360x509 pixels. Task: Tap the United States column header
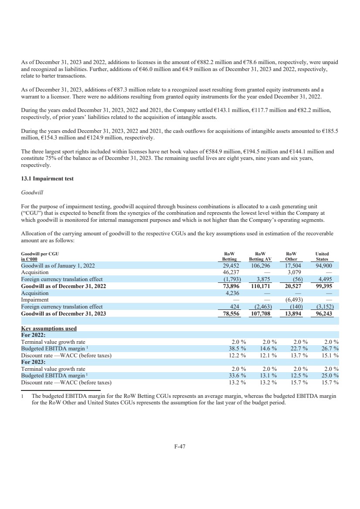pyautogui.click(x=322, y=256)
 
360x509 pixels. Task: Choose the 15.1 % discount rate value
pyautogui.click(x=330, y=356)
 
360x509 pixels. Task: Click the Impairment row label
pyautogui.click(x=35, y=300)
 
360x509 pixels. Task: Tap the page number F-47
pyautogui.click(x=180, y=446)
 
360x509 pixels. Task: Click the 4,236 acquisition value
pyautogui.click(x=234, y=293)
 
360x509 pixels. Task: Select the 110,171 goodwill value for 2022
pyautogui.click(x=262, y=286)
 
